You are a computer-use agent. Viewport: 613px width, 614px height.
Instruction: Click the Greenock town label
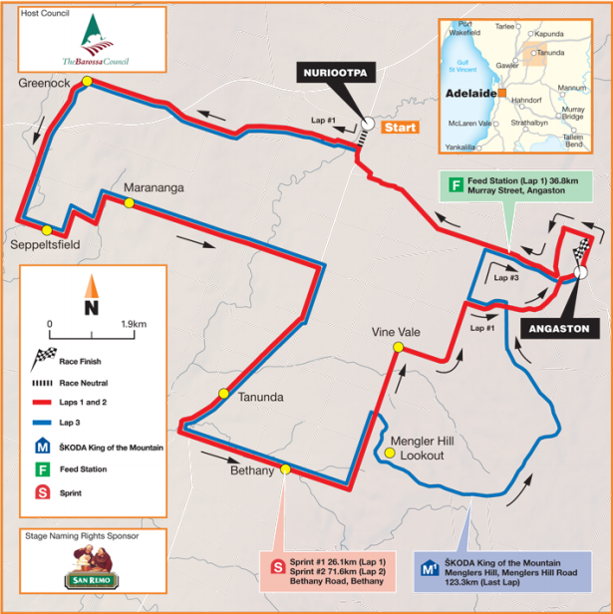pos(44,85)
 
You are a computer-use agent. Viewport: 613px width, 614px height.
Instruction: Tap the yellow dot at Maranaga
pos(129,203)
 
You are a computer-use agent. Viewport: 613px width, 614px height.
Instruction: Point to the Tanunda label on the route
pos(261,397)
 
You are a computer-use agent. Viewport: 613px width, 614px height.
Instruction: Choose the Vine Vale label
pos(392,330)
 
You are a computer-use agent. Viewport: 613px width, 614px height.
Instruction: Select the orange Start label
pos(401,127)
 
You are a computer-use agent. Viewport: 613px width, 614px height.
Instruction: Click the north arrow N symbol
pos(90,306)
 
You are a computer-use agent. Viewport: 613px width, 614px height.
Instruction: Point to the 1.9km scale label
pos(132,324)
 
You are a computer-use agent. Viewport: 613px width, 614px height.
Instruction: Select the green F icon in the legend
pos(43,468)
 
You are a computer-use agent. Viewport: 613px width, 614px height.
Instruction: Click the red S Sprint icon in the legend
pos(43,492)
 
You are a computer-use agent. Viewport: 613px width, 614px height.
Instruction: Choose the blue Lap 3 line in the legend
pos(56,423)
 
